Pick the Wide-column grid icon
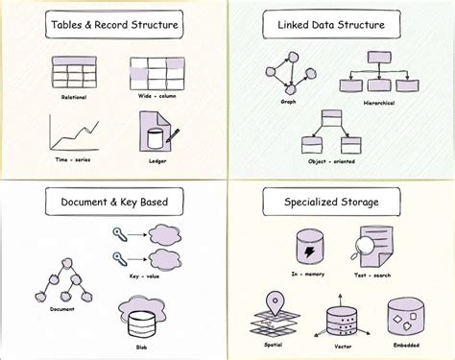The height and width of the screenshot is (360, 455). [155, 70]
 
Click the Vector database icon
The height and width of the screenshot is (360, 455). [341, 322]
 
